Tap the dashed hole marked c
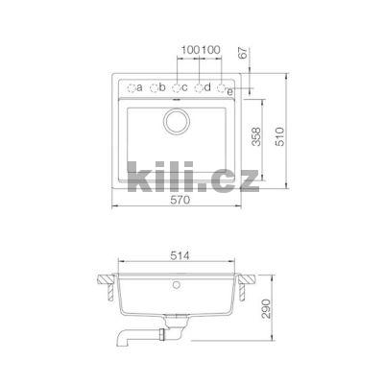(x=177, y=88)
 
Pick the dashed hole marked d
(x=199, y=88)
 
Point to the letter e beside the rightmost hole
(x=231, y=91)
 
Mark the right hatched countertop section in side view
(x=248, y=282)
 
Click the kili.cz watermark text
(x=192, y=174)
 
